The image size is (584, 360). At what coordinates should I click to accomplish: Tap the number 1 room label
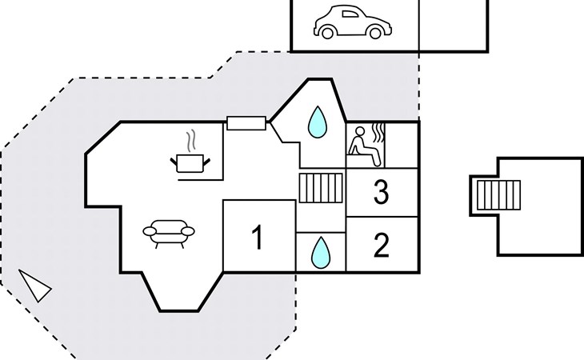[x=258, y=238]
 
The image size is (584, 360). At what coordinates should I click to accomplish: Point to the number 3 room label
[x=382, y=193]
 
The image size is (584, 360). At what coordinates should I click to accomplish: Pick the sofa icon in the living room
[x=168, y=233]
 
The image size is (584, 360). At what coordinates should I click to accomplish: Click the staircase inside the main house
[x=321, y=190]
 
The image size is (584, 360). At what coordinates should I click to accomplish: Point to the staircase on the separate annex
[x=498, y=196]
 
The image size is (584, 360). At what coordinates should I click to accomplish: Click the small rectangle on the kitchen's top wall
[x=246, y=123]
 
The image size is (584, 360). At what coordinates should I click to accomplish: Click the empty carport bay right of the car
[x=453, y=24]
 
